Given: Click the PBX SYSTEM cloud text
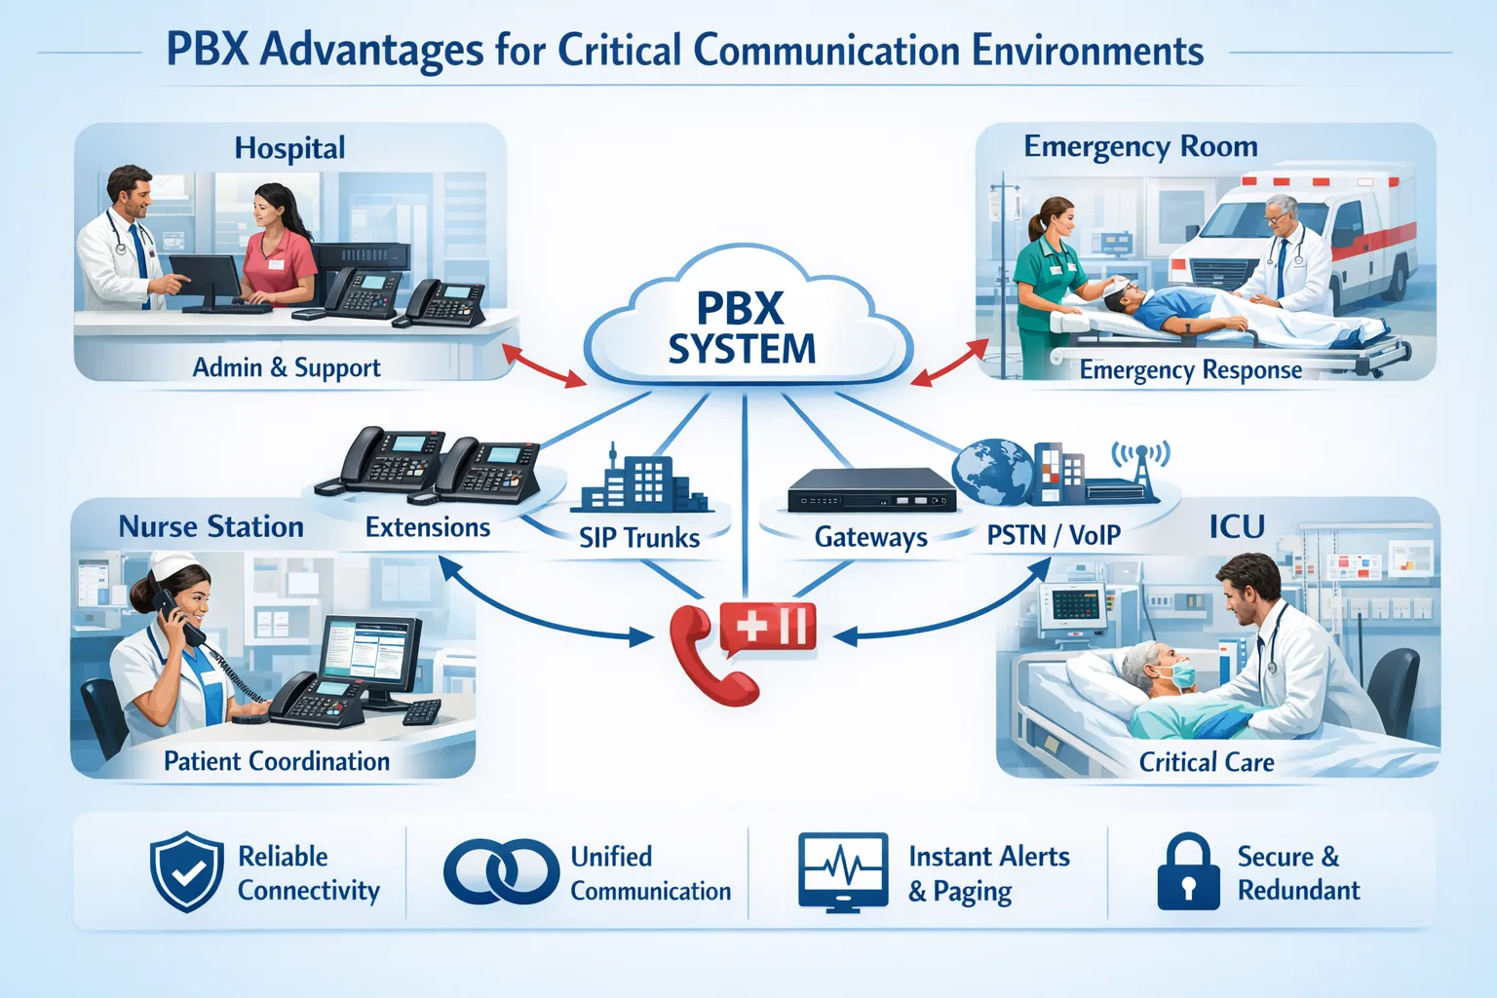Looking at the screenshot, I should point(741,329).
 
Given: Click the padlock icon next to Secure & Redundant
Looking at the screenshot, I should point(1188,871).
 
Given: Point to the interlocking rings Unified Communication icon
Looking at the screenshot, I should point(501,871).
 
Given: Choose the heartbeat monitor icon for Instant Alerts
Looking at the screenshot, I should point(843,871).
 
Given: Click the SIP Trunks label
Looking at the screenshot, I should point(639,538).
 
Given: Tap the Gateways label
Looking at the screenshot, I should point(870,537).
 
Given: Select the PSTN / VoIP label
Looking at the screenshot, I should point(1054,535).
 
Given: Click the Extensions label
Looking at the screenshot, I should point(428,527).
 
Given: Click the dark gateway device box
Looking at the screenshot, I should point(870,489).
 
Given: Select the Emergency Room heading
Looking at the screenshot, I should point(1140,146).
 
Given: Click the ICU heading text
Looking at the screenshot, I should point(1237,527).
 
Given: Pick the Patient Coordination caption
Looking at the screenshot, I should point(277,761).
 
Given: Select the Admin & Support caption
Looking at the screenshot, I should point(287,367).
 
